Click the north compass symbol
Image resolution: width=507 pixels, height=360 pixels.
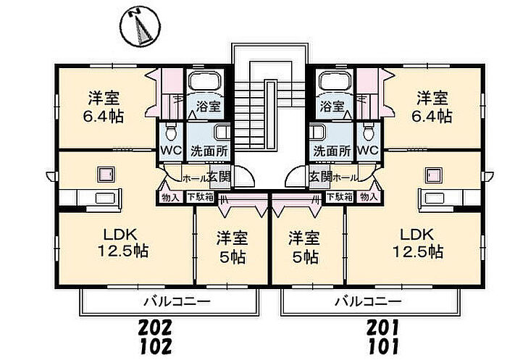tap(141, 28)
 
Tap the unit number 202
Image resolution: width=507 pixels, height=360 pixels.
tap(155, 327)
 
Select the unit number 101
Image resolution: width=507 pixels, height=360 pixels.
tap(383, 347)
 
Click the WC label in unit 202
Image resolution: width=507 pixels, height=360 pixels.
tap(171, 150)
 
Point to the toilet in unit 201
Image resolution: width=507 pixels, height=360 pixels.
tap(368, 132)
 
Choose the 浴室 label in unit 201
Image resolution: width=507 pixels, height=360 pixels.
tap(332, 106)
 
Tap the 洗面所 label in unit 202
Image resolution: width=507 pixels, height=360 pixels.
tap(209, 151)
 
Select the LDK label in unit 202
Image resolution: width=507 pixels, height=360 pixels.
tap(120, 233)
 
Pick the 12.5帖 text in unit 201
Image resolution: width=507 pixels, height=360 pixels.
tap(417, 251)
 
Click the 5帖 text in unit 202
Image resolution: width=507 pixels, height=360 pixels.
tap(232, 257)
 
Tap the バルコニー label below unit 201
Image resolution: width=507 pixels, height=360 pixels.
tap(368, 302)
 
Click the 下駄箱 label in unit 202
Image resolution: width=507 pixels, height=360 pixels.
tap(200, 196)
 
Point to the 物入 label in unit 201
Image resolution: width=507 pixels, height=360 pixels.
tap(368, 196)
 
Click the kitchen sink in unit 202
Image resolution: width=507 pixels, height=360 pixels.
tap(105, 198)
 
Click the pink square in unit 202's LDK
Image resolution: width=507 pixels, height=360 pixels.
tap(106, 175)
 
